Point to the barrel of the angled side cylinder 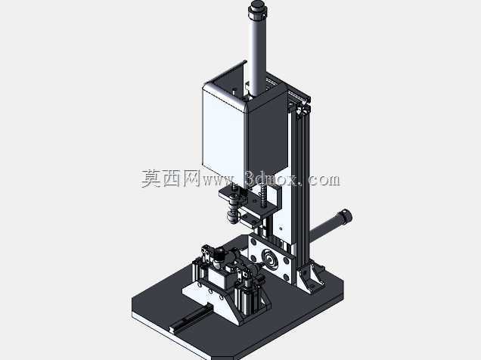(x=325, y=229)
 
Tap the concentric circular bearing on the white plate (x=269, y=258)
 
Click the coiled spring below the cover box (x=263, y=195)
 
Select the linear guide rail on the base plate (x=191, y=318)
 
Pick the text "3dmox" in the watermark (x=272, y=178)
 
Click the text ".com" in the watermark (x=321, y=179)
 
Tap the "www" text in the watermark (x=219, y=181)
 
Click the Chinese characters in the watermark (x=171, y=178)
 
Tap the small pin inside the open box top (x=234, y=91)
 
